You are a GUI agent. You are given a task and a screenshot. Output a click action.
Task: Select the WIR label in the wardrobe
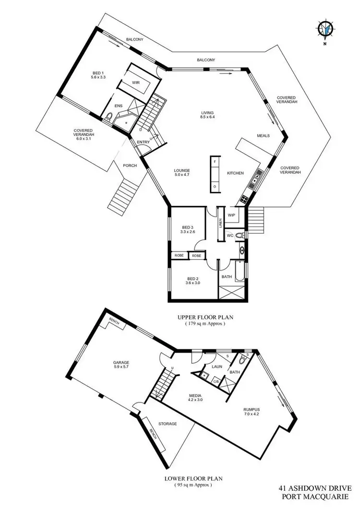tap(136, 83)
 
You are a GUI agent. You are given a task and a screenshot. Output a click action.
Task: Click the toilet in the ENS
tap(109, 116)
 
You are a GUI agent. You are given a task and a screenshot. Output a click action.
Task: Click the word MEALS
tap(263, 135)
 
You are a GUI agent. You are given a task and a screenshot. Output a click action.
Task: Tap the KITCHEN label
tap(236, 173)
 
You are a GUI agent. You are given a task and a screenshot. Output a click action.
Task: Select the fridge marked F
tap(215, 162)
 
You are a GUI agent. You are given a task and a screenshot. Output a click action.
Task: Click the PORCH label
tap(130, 166)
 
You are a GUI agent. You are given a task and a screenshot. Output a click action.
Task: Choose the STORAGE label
tap(168, 424)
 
